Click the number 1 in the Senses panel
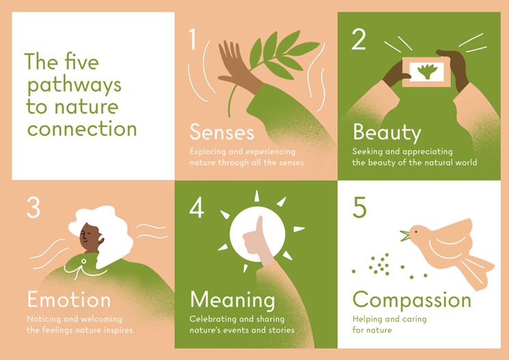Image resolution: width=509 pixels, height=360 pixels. [193, 40]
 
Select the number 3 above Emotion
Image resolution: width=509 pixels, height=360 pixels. [33, 207]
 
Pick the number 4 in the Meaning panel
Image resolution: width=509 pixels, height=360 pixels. [196, 207]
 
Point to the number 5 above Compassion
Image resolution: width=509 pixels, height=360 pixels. [359, 207]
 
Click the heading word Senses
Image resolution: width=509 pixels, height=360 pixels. [222, 131]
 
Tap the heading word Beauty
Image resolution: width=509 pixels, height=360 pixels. [387, 131]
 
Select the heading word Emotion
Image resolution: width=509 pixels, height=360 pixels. [68, 299]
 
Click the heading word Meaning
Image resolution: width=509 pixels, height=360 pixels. [232, 299]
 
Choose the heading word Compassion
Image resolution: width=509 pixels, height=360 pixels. [411, 299]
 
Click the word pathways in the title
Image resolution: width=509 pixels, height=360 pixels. [73, 85]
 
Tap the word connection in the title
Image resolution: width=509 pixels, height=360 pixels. [81, 128]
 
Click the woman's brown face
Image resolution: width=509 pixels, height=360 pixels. [91, 236]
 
